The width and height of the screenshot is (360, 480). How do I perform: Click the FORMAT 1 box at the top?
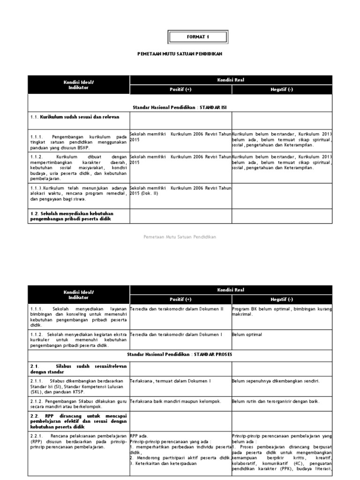click(x=198, y=37)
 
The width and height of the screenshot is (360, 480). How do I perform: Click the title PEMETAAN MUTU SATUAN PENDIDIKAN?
click(x=179, y=54)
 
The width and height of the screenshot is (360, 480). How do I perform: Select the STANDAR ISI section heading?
click(x=180, y=107)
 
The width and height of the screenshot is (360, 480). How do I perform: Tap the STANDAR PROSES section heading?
click(x=180, y=355)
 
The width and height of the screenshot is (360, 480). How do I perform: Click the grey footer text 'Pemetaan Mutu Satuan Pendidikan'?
click(x=180, y=237)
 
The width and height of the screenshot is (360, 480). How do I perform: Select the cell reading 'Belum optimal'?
click(x=247, y=335)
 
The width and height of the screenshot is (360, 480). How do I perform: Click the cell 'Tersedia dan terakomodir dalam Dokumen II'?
click(x=177, y=309)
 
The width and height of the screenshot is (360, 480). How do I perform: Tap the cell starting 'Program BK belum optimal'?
click(x=282, y=312)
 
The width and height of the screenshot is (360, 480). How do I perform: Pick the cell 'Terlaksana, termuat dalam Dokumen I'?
click(x=170, y=381)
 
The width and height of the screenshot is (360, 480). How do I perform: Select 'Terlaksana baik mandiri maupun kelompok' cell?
click(x=175, y=401)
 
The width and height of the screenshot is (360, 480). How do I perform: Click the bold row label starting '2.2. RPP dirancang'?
click(x=78, y=422)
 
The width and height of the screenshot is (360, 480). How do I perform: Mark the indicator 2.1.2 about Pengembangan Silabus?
click(x=78, y=404)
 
